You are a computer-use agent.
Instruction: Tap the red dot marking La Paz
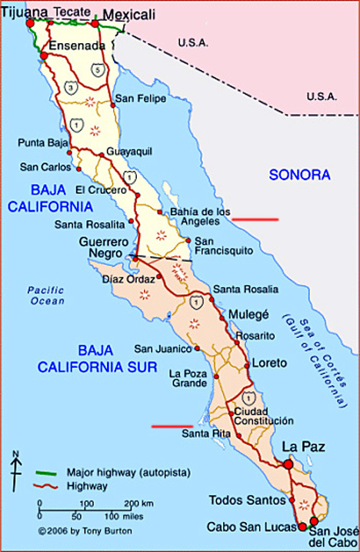(x=288, y=464)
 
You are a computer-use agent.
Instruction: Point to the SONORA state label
(x=299, y=175)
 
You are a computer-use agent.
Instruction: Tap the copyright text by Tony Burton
(x=74, y=530)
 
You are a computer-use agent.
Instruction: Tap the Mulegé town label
(x=250, y=314)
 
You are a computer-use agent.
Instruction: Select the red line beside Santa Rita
(x=172, y=425)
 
